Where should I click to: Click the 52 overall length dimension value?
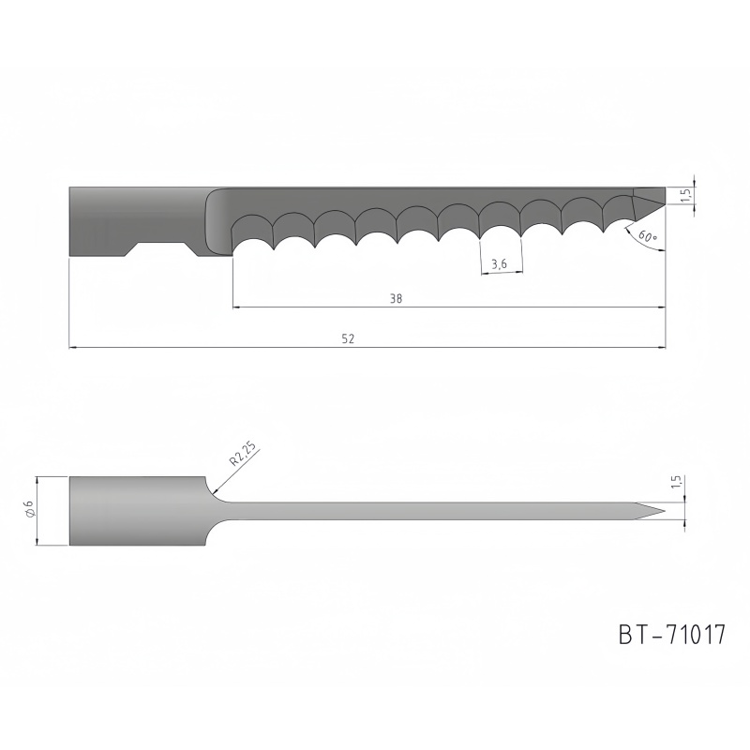(348, 338)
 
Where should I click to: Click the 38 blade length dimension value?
(396, 298)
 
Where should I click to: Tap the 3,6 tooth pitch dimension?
(499, 263)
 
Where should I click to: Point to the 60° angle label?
(648, 235)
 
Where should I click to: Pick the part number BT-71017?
(672, 635)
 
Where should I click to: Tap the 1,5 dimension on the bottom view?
(676, 482)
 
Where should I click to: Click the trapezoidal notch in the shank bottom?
(160, 249)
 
